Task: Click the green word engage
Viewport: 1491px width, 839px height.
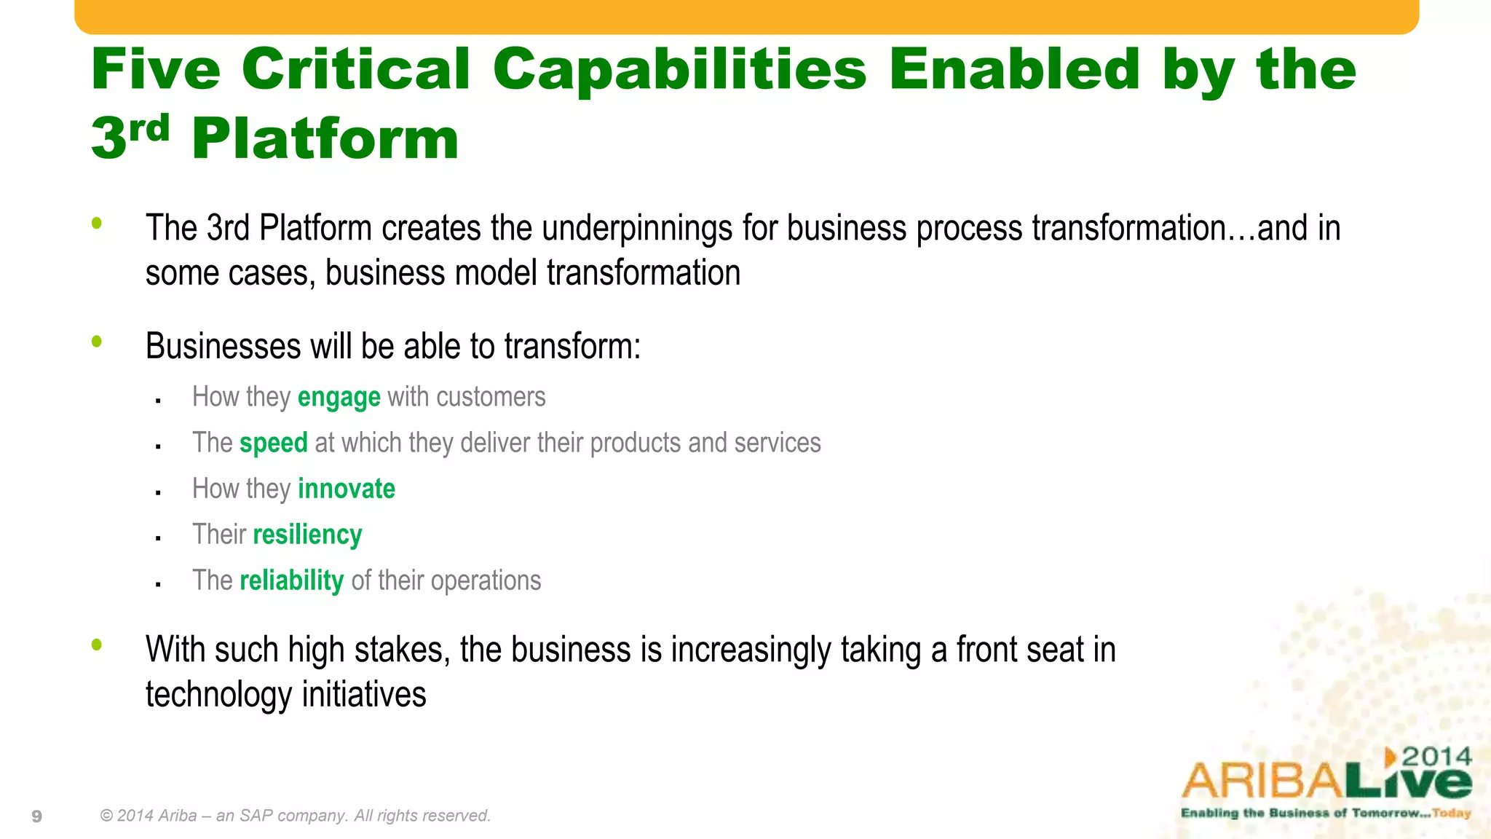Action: click(339, 398)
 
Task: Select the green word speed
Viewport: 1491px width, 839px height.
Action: click(273, 444)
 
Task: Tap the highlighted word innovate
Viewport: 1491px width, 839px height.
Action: click(346, 489)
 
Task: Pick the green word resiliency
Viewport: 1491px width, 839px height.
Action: click(307, 535)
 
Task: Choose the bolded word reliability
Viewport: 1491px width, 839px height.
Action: click(291, 580)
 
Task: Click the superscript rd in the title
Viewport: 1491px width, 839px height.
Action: click(149, 128)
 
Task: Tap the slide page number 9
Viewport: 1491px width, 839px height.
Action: click(37, 816)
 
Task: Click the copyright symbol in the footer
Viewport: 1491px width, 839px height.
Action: click(106, 816)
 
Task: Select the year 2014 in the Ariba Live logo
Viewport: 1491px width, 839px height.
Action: click(1436, 757)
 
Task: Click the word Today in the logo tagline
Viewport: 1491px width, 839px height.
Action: click(1451, 813)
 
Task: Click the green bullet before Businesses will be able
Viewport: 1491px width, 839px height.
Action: click(97, 341)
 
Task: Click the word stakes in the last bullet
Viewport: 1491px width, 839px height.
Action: click(399, 650)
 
